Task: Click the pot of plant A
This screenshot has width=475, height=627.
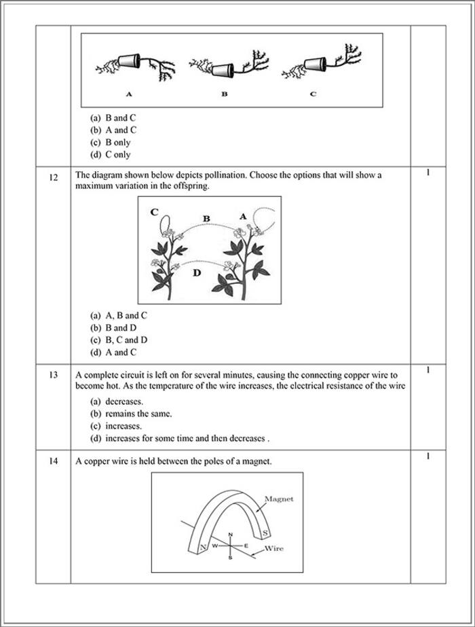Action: click(128, 60)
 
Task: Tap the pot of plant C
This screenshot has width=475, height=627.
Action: click(314, 65)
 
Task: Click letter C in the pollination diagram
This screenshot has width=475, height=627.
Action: click(155, 212)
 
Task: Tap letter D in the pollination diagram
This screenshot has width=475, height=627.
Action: click(196, 273)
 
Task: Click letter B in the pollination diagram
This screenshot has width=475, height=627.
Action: click(207, 218)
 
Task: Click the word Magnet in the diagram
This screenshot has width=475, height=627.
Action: click(278, 499)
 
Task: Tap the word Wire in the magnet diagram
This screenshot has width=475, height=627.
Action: click(273, 548)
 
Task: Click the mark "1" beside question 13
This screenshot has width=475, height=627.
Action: click(428, 370)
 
